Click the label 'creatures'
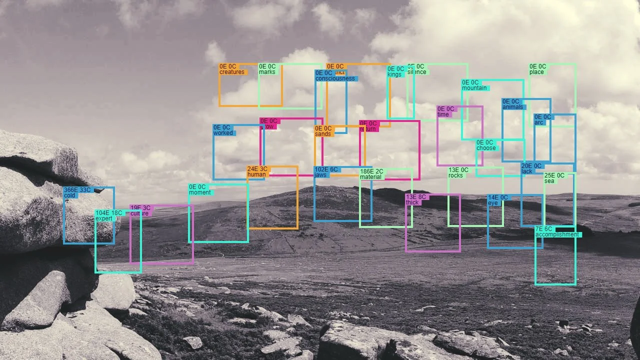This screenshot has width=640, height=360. (232, 72)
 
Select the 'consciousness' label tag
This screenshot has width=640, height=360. (335, 78)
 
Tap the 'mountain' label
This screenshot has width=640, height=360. (474, 88)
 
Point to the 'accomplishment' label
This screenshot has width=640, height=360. (557, 234)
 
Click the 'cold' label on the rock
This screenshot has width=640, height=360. (69, 195)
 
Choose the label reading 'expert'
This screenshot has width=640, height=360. (104, 218)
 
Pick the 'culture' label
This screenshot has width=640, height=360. (139, 213)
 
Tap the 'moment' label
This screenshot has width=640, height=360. (199, 192)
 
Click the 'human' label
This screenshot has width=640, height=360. (256, 174)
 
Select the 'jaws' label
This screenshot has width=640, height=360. (320, 175)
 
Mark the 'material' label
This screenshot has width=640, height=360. (370, 177)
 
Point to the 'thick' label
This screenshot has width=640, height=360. (412, 202)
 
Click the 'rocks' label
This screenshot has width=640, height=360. (455, 175)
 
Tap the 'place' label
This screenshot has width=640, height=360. (536, 72)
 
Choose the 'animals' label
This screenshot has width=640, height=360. (512, 107)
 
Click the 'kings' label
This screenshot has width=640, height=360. (394, 75)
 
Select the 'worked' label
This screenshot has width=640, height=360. (223, 133)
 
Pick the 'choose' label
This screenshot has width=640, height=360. (486, 148)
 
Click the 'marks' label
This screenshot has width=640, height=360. (267, 72)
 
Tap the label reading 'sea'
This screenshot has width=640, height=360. (549, 181)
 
